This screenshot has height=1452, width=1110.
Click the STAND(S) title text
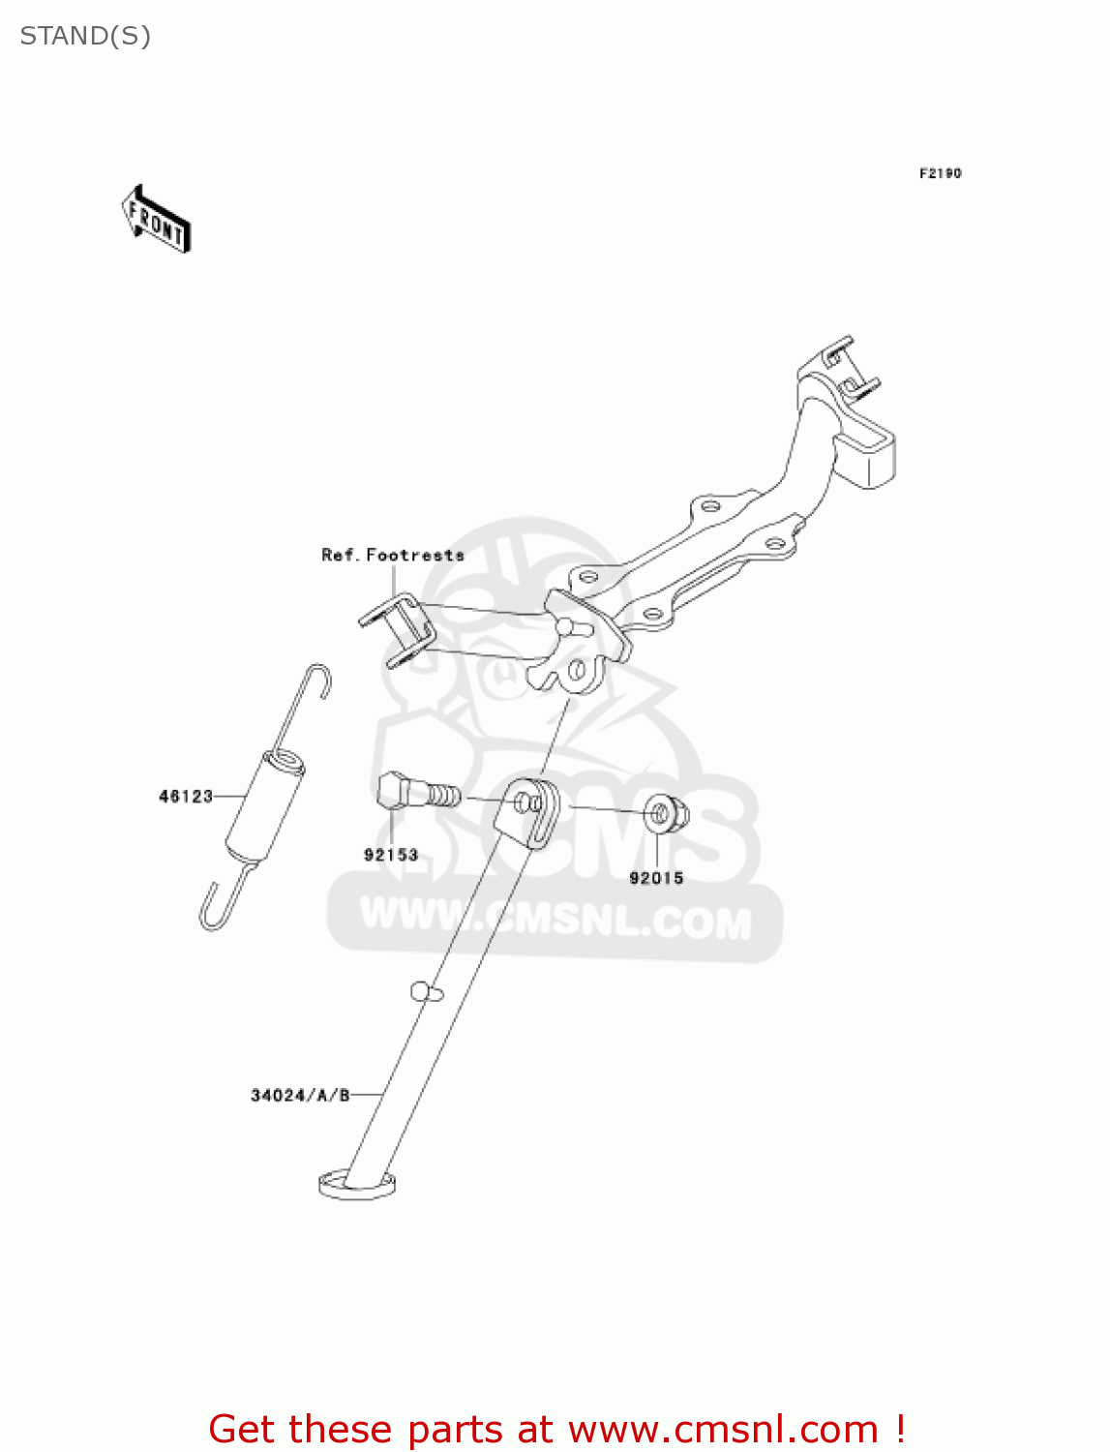[x=85, y=36]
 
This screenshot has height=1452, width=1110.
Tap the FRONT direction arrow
[x=156, y=220]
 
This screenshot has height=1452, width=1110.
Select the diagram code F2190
[x=940, y=173]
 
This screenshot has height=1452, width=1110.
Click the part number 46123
[x=185, y=797]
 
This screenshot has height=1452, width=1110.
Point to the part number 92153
[x=391, y=855]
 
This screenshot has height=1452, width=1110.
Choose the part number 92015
[x=656, y=878]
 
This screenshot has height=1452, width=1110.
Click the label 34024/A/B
[x=300, y=1096]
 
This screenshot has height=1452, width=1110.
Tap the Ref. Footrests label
[x=393, y=555]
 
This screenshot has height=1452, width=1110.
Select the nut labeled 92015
[x=665, y=814]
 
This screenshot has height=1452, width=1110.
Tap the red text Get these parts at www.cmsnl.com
[x=556, y=1429]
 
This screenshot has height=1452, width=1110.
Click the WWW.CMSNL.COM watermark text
[x=555, y=920]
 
